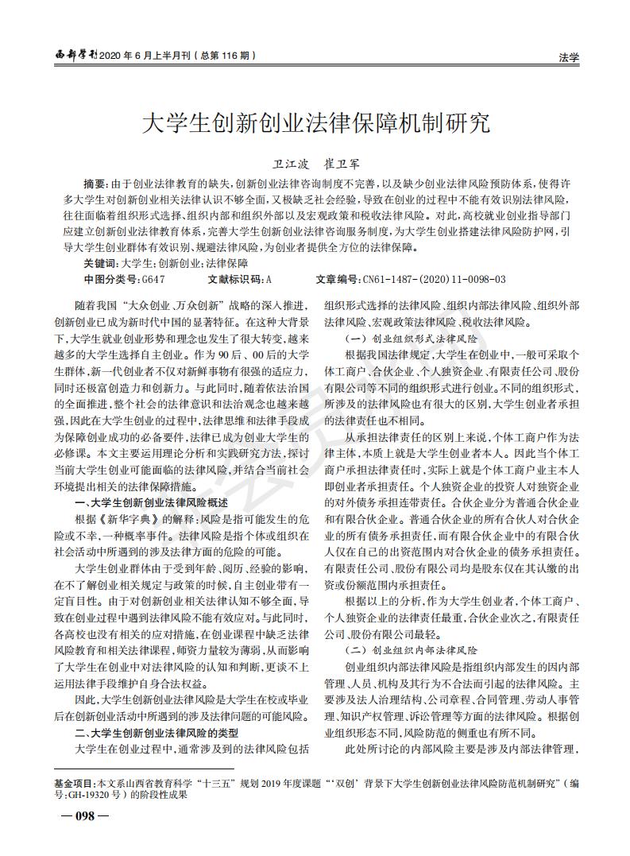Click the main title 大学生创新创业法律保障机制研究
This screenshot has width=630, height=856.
click(315, 123)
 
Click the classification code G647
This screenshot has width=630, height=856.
click(152, 280)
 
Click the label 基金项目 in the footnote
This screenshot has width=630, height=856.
click(74, 784)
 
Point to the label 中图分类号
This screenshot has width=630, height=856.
click(110, 280)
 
